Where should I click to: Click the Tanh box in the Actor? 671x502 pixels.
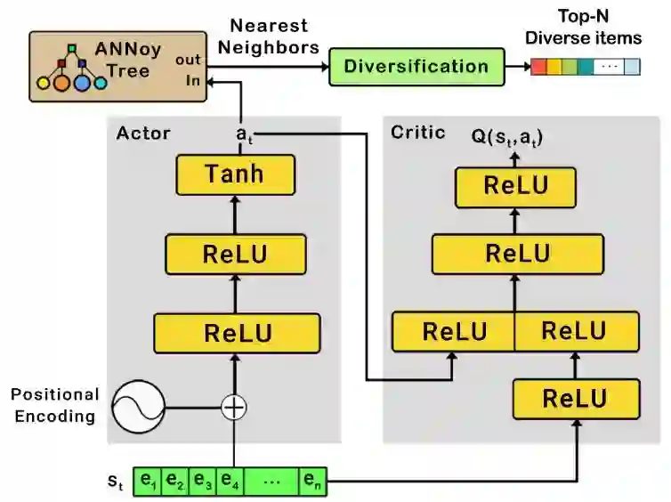click(235, 174)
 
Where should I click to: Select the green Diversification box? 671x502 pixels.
click(416, 67)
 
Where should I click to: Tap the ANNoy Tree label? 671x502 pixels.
click(127, 60)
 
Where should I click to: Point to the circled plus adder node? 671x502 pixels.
click(233, 408)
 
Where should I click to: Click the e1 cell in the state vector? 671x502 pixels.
click(150, 482)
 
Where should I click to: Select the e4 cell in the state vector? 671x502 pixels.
click(229, 482)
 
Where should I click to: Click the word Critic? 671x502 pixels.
click(417, 133)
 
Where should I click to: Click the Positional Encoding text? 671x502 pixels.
click(55, 405)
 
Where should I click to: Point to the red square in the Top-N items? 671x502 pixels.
click(538, 67)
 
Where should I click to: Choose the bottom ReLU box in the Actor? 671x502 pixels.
click(237, 334)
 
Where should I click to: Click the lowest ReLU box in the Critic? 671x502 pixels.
click(575, 398)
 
